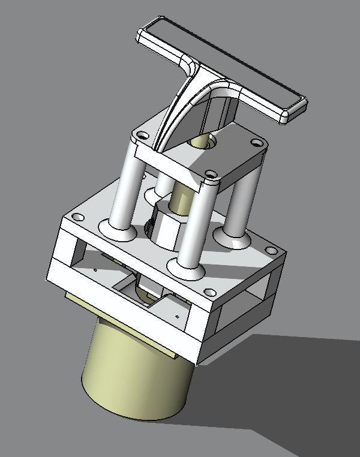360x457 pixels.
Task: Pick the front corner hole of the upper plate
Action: [210, 175]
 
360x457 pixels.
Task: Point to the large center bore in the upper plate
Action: [201, 143]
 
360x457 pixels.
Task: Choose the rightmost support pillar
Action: [242, 204]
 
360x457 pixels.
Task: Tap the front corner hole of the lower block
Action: [209, 293]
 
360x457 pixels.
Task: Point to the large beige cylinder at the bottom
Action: [138, 372]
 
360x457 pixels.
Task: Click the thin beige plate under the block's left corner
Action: [78, 300]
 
